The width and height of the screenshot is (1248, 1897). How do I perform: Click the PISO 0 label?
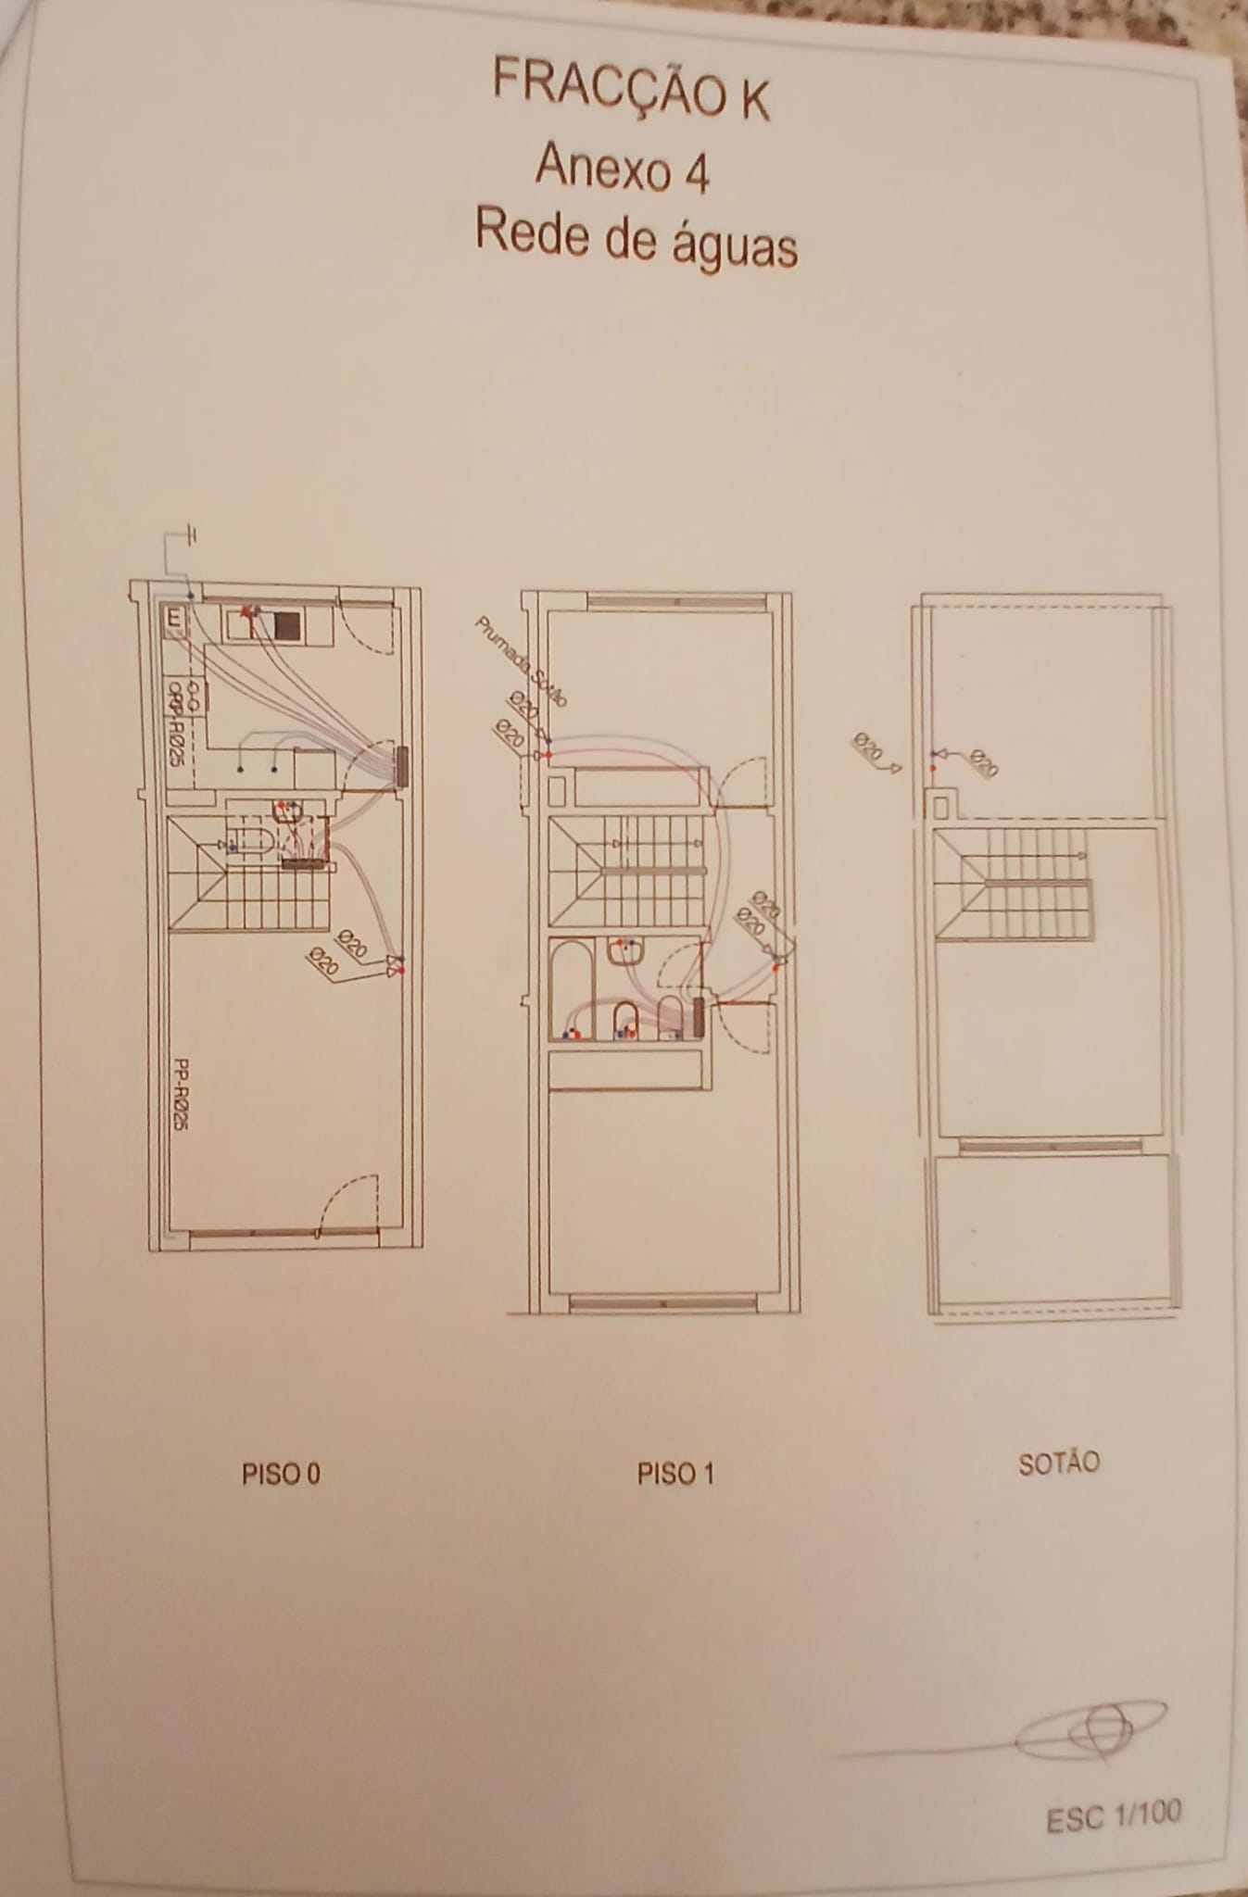[281, 1474]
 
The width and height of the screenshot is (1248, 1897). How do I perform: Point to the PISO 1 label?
[675, 1474]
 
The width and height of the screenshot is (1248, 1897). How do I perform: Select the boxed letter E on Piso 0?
[174, 619]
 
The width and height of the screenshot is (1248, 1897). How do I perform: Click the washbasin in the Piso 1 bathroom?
[627, 951]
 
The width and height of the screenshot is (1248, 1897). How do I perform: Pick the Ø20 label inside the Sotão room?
[984, 762]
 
